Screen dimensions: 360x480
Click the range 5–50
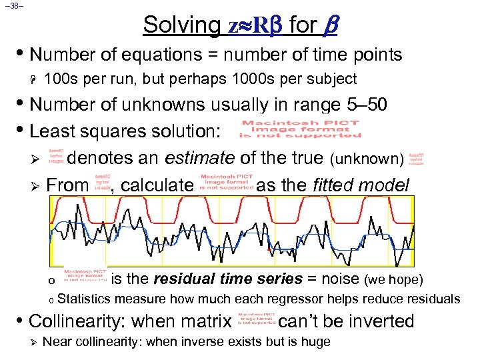tap(361, 104)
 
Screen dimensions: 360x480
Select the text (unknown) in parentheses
tap(367, 159)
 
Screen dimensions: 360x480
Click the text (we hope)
tap(392, 279)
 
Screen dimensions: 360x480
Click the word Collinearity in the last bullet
tap(79, 321)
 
